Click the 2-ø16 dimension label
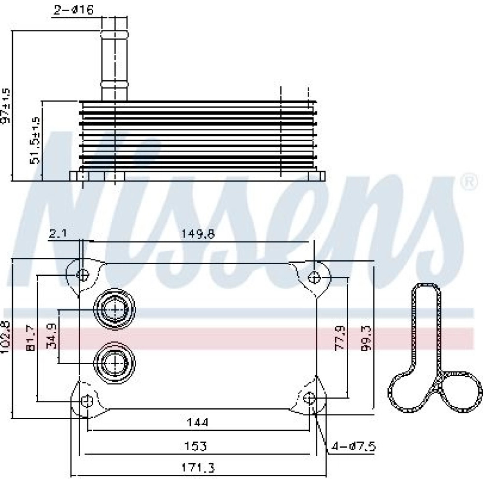tap(73, 10)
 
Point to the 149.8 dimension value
tap(198, 234)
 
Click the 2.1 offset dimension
tap(58, 234)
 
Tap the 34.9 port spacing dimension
tap(52, 336)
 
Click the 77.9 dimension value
tap(340, 338)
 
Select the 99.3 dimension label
tap(367, 338)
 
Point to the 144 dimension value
tap(198, 422)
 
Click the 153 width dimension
tap(195, 446)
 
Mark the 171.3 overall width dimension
tap(198, 468)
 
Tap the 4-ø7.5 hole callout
tap(354, 446)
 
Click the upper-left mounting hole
tap(83, 274)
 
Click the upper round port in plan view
tap(114, 309)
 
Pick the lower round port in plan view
tap(114, 363)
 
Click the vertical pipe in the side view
tap(114, 59)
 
